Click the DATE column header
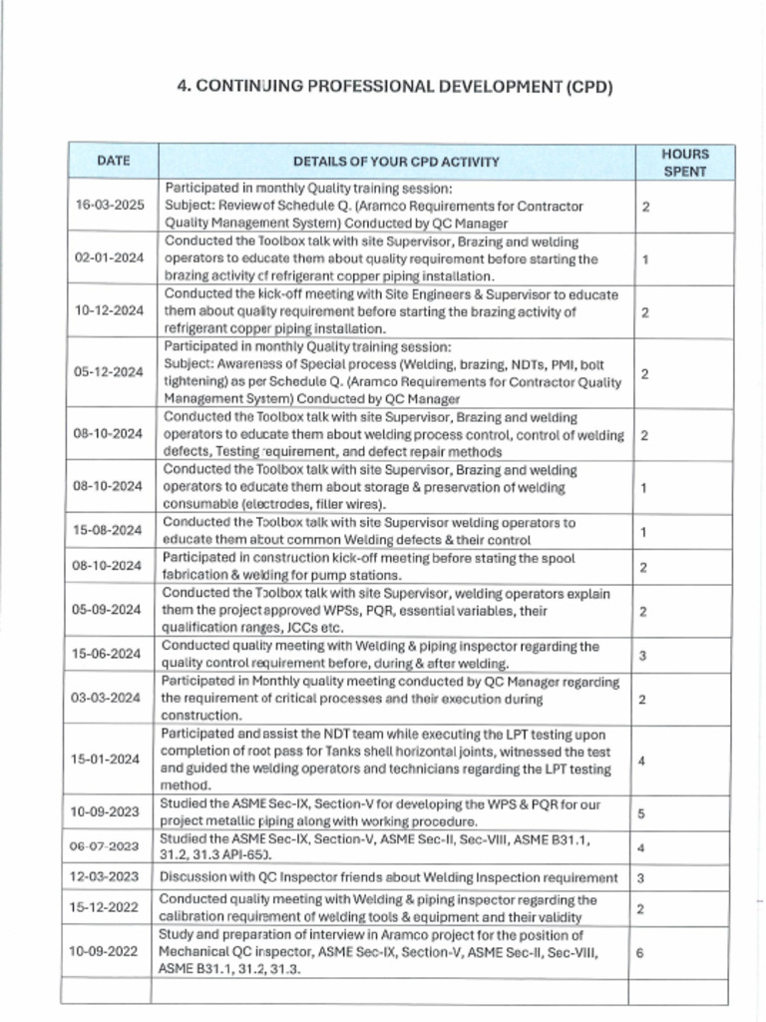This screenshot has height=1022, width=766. click(x=113, y=161)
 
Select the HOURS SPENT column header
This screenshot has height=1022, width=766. click(x=685, y=162)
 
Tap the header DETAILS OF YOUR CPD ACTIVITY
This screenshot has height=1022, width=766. click(x=397, y=162)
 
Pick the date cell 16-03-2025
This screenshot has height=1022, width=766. click(x=110, y=206)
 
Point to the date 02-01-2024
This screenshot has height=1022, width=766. click(x=110, y=258)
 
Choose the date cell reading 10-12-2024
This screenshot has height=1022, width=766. click(x=110, y=311)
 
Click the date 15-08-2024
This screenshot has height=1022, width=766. click(x=110, y=530)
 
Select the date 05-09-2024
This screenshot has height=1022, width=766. click(x=110, y=610)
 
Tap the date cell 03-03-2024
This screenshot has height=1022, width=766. click(x=110, y=699)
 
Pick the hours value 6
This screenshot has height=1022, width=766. click(x=640, y=952)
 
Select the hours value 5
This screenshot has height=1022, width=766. click(x=640, y=812)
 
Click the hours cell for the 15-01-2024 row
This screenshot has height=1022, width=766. click(x=640, y=761)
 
